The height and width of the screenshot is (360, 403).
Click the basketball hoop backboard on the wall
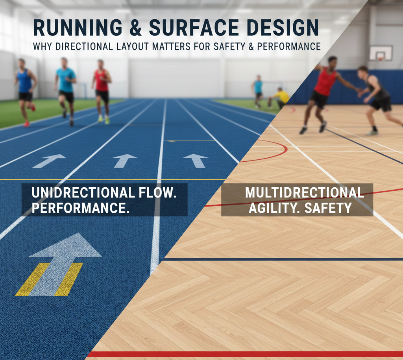pos(381,53)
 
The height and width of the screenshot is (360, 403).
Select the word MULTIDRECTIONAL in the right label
pos(304,193)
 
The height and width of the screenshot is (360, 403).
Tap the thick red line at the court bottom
pos(244,354)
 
